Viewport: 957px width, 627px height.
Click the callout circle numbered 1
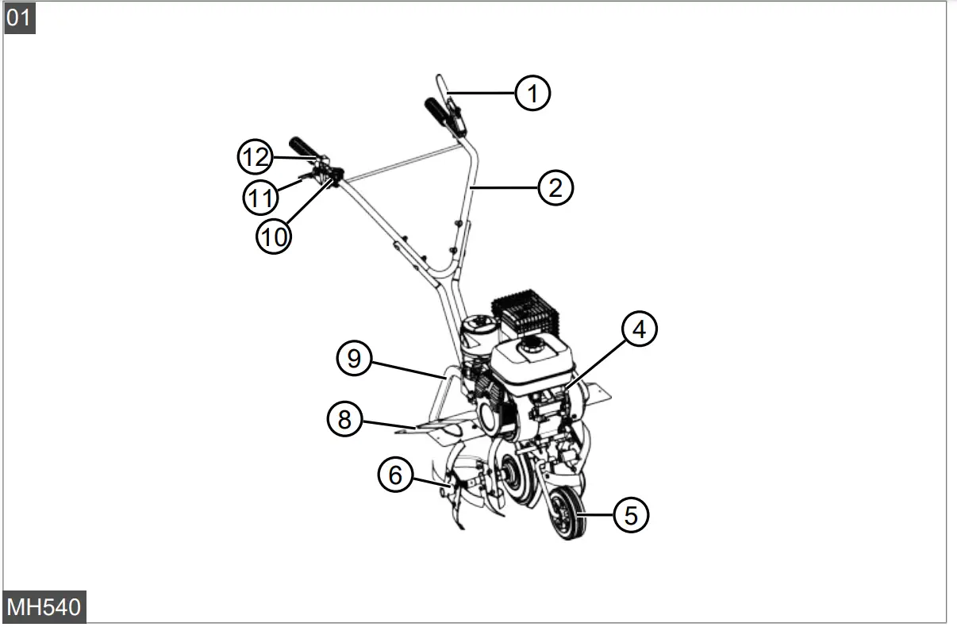point(532,93)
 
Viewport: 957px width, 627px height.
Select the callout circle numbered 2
point(555,188)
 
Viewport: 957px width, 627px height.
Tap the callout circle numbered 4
point(639,329)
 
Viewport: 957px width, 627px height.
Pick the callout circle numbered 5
point(631,515)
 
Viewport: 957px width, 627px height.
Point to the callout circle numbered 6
point(395,475)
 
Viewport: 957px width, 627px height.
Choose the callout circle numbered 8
point(344,418)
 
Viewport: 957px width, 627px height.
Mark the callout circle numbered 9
point(354,359)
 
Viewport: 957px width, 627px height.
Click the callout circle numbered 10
point(273,236)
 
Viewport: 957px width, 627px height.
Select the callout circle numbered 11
point(259,197)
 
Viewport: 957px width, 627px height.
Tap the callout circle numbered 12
point(256,157)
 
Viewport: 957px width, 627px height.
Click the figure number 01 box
point(20,17)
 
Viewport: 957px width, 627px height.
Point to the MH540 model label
point(44,607)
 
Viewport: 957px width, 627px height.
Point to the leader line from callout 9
point(405,368)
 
